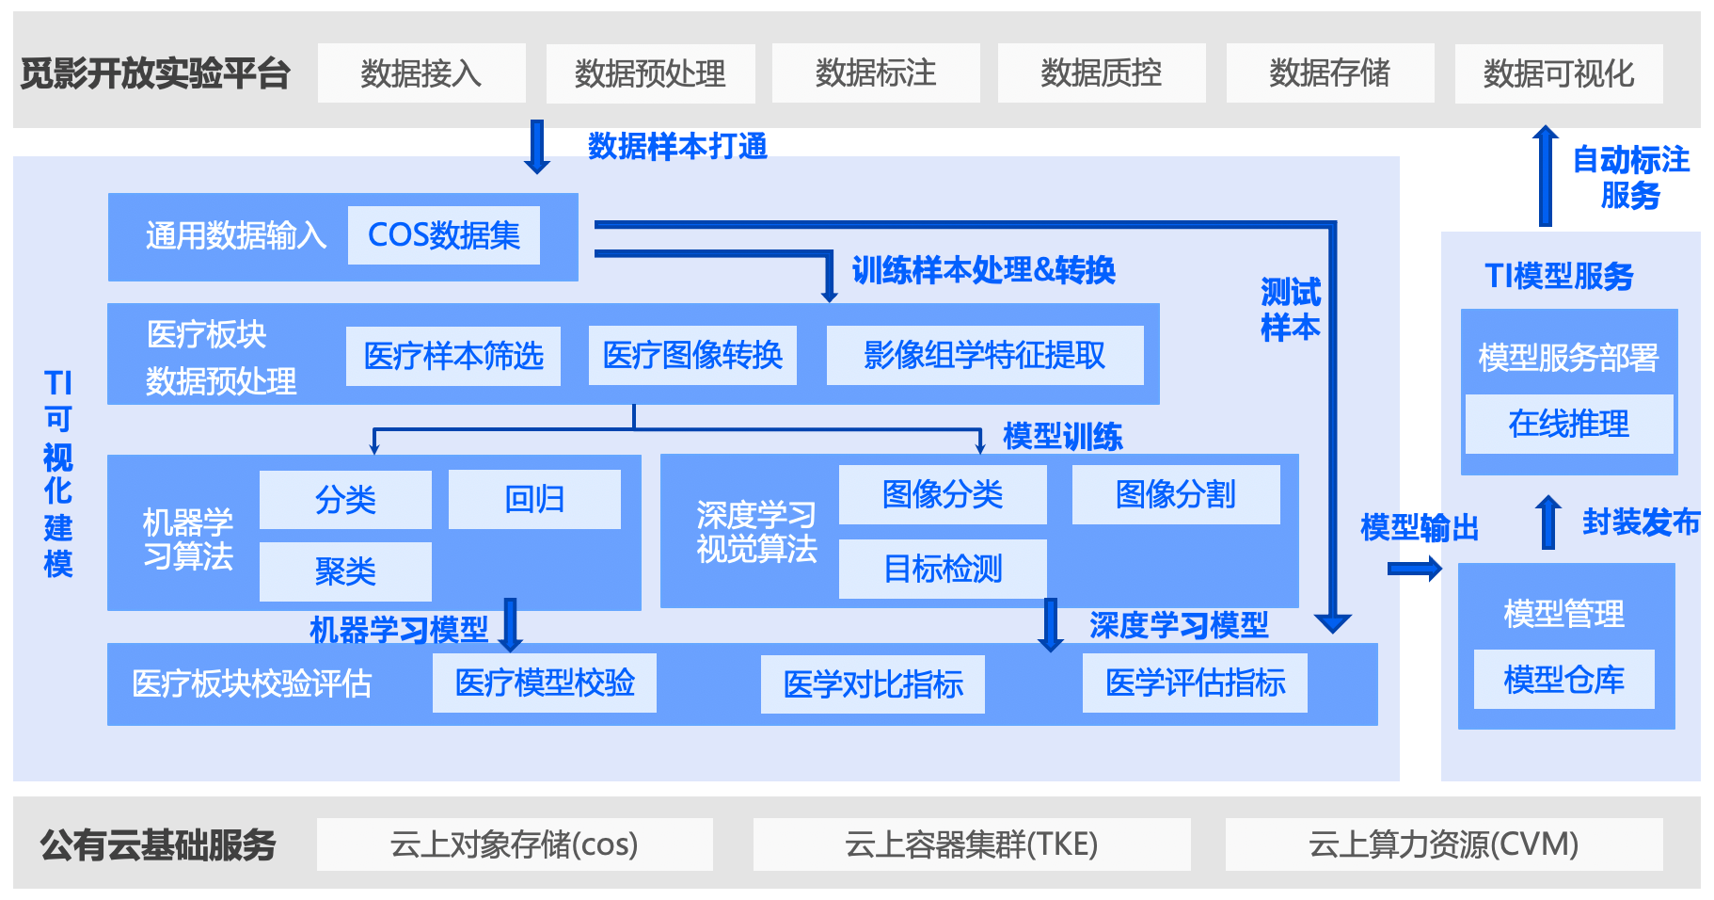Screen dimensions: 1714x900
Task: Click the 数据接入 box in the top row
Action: pyautogui.click(x=421, y=72)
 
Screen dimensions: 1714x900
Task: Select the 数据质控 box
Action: pyautogui.click(x=1102, y=72)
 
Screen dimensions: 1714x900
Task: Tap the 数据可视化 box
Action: pyautogui.click(x=1559, y=73)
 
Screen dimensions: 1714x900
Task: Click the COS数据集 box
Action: pyautogui.click(x=444, y=235)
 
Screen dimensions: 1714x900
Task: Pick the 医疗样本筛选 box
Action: pyautogui.click(x=453, y=356)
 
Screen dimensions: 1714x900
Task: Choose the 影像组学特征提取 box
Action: pyautogui.click(x=985, y=355)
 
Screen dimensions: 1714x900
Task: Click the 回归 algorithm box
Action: pyautogui.click(x=534, y=499)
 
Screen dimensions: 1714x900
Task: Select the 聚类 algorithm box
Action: pyautogui.click(x=345, y=571)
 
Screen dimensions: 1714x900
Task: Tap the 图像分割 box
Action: pyautogui.click(x=1176, y=494)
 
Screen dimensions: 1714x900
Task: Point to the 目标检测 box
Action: pyautogui.click(x=943, y=569)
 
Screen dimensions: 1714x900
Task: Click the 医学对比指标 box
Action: pyautogui.click(x=873, y=684)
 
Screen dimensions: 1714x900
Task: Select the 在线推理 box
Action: pyautogui.click(x=1569, y=424)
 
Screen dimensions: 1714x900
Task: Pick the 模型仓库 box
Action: pyautogui.click(x=1564, y=680)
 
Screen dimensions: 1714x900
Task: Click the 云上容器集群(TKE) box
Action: pyautogui.click(x=972, y=844)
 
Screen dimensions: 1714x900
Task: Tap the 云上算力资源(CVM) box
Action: pyautogui.click(x=1444, y=844)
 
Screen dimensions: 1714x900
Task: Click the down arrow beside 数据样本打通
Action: pyautogui.click(x=537, y=147)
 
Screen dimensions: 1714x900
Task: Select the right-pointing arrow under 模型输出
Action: pyautogui.click(x=1415, y=568)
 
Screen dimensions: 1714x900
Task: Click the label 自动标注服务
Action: pyautogui.click(x=1631, y=177)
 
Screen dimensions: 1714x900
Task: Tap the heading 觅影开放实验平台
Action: pyautogui.click(x=155, y=72)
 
